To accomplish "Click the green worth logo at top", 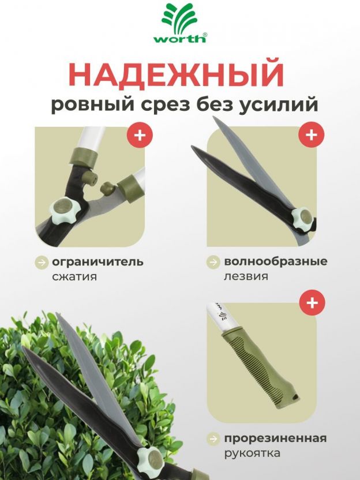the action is (180, 22).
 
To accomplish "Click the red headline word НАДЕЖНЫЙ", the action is (177, 74).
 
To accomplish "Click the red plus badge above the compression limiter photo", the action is (140, 134).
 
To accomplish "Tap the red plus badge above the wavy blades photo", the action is (312, 134).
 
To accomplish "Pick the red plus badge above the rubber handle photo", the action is (312, 302).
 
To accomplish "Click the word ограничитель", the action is (97, 262).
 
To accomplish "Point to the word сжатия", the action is (74, 276).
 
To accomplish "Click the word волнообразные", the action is (276, 261).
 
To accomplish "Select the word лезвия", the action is (246, 276).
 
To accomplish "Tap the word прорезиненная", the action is (276, 438).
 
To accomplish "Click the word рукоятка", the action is (252, 453).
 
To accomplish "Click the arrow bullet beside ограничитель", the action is (42, 262).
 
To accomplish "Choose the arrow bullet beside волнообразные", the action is (213, 262).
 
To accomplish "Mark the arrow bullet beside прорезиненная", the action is (213, 439).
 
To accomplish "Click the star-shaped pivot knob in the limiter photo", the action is (65, 211).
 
